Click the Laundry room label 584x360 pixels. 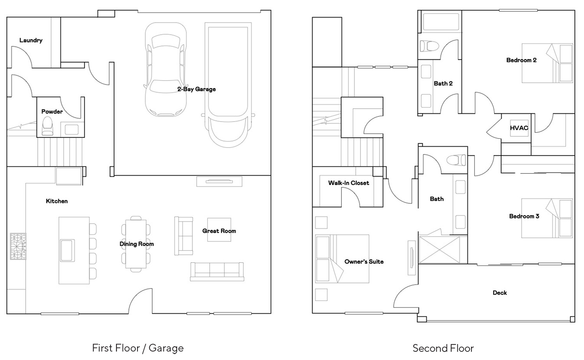tap(31, 40)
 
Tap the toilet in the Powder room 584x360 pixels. tap(47, 126)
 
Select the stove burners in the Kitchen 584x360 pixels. tap(18, 246)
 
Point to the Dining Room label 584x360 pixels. tap(137, 244)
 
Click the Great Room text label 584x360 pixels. tap(219, 231)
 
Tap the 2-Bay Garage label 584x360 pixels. tap(197, 89)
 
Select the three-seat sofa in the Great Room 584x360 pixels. tap(217, 272)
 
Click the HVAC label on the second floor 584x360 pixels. tap(519, 128)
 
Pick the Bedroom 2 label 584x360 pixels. tap(521, 60)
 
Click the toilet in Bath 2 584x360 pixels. tap(429, 46)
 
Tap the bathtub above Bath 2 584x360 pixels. tap(441, 22)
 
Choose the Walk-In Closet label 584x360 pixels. tap(348, 183)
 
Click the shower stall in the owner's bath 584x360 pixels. tap(440, 250)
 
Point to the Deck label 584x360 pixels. tap(500, 293)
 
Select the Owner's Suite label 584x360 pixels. tap(364, 262)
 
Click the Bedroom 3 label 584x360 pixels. tap(524, 216)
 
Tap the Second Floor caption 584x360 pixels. tap(443, 348)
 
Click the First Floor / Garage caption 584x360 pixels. tap(138, 348)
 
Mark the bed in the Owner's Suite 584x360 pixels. tap(342, 259)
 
